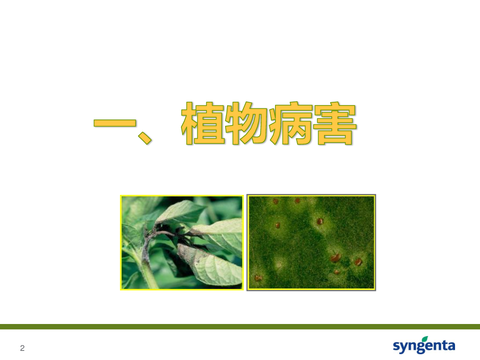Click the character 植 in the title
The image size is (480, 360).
(x=203, y=123)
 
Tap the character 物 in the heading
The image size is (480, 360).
(x=247, y=123)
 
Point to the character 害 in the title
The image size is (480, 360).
(x=335, y=123)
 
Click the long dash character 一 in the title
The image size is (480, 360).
(x=115, y=123)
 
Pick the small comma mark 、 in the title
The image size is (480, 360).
(x=144, y=137)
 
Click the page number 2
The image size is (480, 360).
(x=23, y=348)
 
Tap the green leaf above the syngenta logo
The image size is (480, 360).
(x=425, y=338)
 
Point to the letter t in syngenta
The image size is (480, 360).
(x=443, y=345)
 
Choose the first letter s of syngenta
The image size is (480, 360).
(x=396, y=346)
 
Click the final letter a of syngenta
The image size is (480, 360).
(x=451, y=346)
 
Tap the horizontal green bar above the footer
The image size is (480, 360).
(x=240, y=326)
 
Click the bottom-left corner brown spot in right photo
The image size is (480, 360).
(x=258, y=278)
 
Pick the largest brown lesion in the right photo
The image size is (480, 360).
(x=335, y=257)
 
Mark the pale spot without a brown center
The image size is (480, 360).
(x=280, y=263)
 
